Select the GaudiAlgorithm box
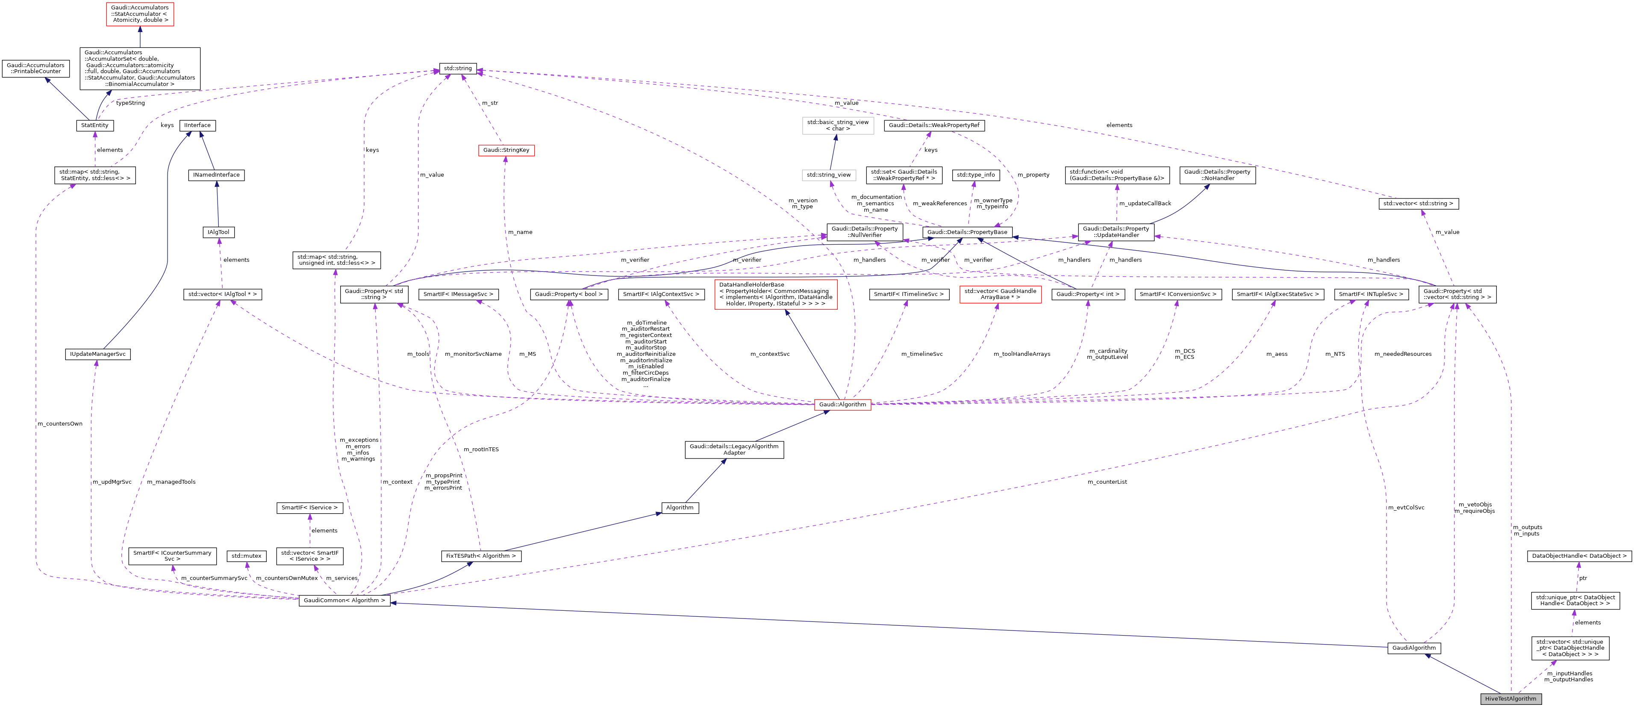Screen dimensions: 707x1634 1413,648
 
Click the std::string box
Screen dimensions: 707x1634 457,68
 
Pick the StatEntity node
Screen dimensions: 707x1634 94,125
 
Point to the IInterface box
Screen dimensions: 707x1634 197,125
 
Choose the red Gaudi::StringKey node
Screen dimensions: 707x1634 506,150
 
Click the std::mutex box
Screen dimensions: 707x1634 246,556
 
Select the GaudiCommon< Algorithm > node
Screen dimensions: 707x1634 344,601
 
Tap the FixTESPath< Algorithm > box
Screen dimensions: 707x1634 481,556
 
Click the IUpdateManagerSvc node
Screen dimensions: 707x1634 98,354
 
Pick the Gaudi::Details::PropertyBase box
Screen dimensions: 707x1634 967,232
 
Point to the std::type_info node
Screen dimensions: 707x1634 976,175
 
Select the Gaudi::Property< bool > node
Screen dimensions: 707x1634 568,294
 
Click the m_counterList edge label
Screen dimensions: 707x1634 1107,482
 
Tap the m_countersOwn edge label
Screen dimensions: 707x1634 60,423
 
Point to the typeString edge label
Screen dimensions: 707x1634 130,103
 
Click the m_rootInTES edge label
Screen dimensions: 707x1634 481,450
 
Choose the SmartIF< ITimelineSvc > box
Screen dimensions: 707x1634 908,294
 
